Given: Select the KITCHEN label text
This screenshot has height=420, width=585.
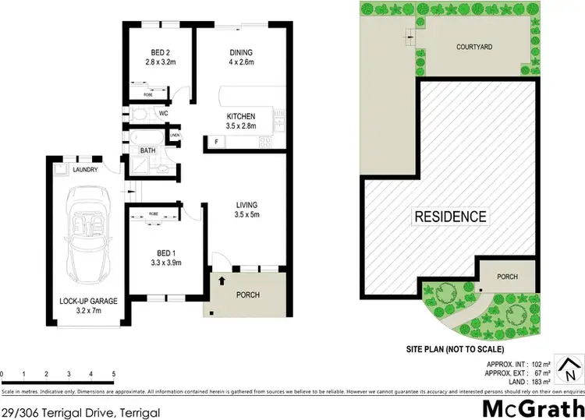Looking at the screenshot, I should (240, 116).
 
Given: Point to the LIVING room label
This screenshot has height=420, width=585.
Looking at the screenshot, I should (246, 206).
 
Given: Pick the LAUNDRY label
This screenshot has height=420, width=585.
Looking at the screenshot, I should (85, 169).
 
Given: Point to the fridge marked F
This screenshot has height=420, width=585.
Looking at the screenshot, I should (215, 143).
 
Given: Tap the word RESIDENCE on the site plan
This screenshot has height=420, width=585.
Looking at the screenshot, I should (450, 217).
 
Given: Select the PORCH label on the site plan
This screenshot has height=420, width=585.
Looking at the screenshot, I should (508, 275).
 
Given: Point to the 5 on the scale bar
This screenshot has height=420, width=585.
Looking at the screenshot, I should (114, 373).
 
